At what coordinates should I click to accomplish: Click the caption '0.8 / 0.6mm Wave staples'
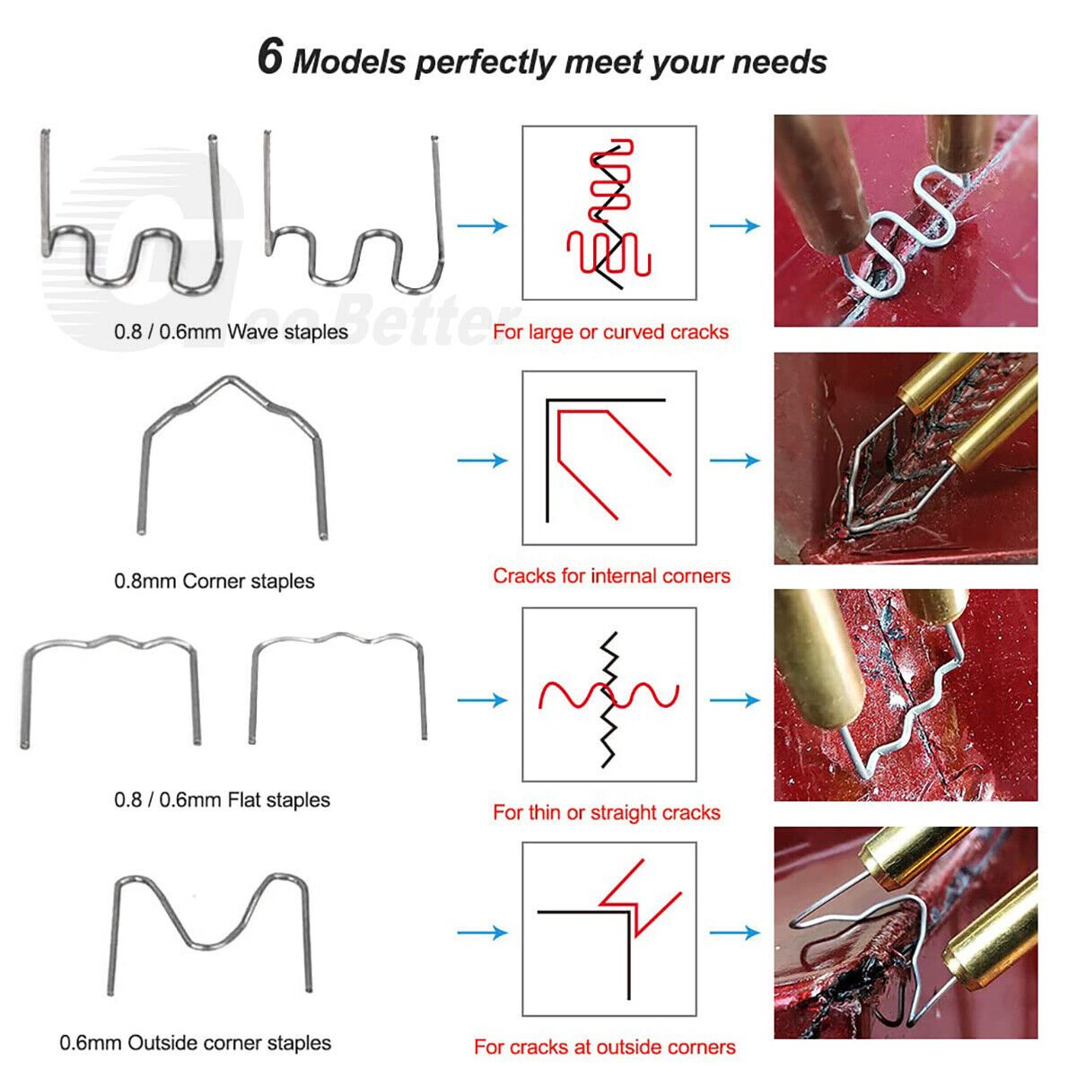[x=231, y=332]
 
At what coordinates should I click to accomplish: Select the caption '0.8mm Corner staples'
[x=214, y=582]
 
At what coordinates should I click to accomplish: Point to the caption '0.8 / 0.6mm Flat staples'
[x=222, y=800]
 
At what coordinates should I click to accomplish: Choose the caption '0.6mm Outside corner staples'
[x=195, y=1043]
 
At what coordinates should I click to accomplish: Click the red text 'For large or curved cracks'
[x=610, y=332]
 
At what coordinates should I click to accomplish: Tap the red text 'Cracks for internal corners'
[x=611, y=576]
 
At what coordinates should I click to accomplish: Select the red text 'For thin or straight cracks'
[x=606, y=813]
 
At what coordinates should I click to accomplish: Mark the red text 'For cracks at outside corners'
[x=604, y=1047]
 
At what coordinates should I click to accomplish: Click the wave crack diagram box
[x=609, y=213]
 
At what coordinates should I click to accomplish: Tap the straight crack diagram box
[x=609, y=695]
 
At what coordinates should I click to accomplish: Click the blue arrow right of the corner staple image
[x=482, y=460]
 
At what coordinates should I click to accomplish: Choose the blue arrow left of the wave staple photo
[x=734, y=225]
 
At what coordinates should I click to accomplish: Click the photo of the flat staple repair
[x=906, y=695]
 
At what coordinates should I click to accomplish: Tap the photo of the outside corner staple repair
[x=906, y=933]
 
